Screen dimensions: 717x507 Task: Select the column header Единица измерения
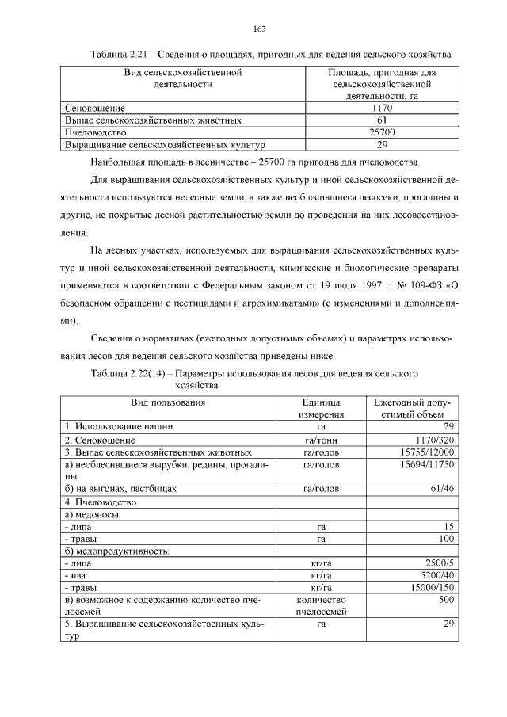click(321, 408)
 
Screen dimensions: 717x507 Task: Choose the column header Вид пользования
click(168, 402)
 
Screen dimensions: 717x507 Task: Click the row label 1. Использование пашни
click(119, 426)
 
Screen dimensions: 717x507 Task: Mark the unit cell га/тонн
click(321, 440)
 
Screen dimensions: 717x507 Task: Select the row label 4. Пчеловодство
click(105, 502)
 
